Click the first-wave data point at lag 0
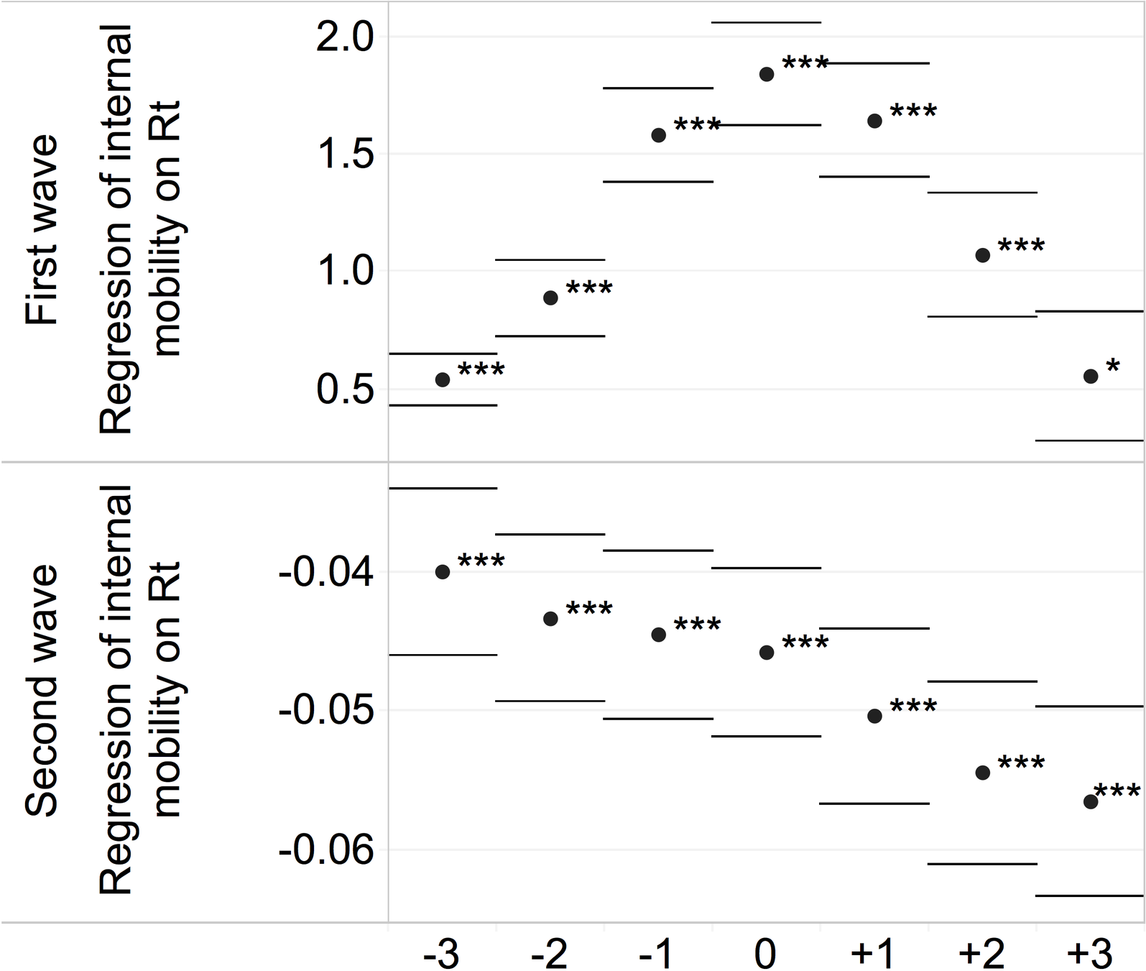tap(767, 74)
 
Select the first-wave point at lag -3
tap(443, 379)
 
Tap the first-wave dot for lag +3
tap(1091, 376)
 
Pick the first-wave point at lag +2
tap(983, 255)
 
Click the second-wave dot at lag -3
tap(443, 572)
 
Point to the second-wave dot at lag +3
tap(1091, 801)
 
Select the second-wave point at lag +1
tap(874, 716)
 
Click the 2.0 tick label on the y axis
tap(345, 37)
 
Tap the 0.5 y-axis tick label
tap(345, 390)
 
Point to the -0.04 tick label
tap(326, 573)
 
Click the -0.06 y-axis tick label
tap(326, 850)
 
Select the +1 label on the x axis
tap(874, 954)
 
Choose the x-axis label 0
tap(766, 954)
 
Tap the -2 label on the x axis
tap(550, 954)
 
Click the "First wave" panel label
tap(41, 230)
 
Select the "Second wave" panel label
tap(41, 691)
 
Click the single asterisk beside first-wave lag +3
tap(1113, 366)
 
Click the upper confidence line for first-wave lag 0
tap(766, 22)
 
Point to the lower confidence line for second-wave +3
tap(1090, 896)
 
